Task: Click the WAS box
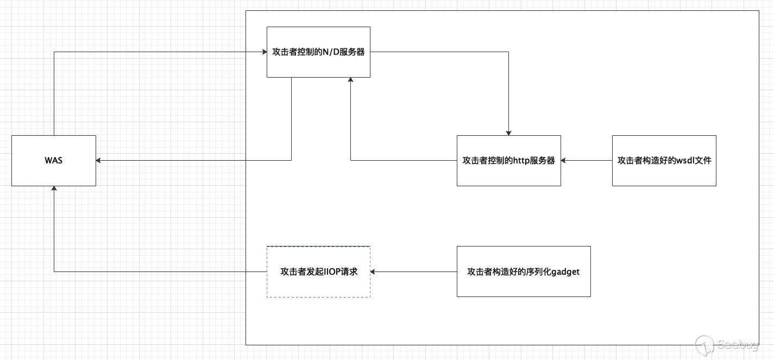pyautogui.click(x=54, y=161)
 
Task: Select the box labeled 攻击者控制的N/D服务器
pyautogui.click(x=318, y=52)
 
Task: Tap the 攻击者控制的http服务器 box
pyautogui.click(x=508, y=161)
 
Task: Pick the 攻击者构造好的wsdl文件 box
pyautogui.click(x=664, y=161)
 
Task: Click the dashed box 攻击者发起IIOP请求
pyautogui.click(x=318, y=271)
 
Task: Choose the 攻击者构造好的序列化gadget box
pyautogui.click(x=523, y=271)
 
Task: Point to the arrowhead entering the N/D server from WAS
pyautogui.click(x=263, y=52)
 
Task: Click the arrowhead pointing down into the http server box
pyautogui.click(x=508, y=132)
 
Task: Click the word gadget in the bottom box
pyautogui.click(x=565, y=271)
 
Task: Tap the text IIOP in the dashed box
pyautogui.click(x=331, y=271)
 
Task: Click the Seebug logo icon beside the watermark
pyautogui.click(x=704, y=344)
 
